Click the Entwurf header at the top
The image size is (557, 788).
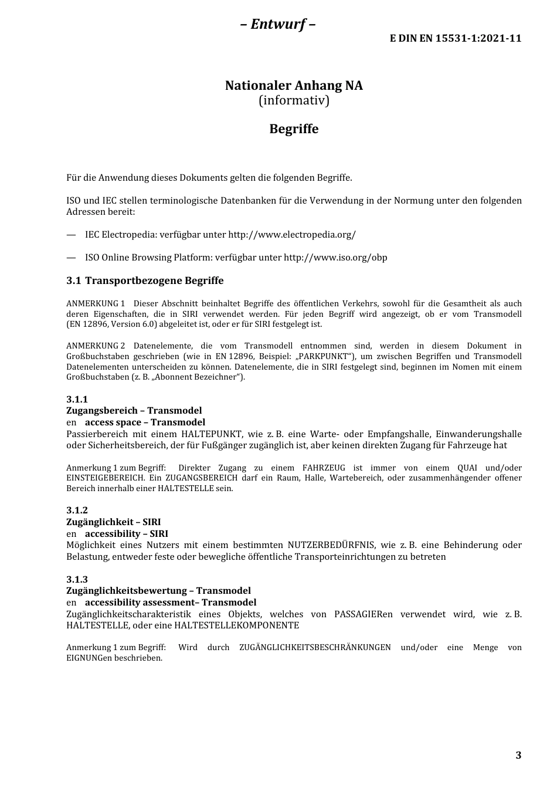(x=278, y=24)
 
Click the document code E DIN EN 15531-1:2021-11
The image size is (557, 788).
(x=456, y=39)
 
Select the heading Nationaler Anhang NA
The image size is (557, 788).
(x=294, y=86)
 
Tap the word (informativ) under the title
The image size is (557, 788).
(x=294, y=101)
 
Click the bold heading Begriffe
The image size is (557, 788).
(x=294, y=129)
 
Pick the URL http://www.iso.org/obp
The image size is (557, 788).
(x=335, y=258)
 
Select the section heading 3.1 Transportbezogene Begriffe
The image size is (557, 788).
(x=145, y=281)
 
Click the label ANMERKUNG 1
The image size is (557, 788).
(x=96, y=304)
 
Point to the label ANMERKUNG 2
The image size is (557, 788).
(x=96, y=346)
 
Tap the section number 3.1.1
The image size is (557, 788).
(x=77, y=400)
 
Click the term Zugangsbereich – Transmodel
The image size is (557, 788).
(x=134, y=411)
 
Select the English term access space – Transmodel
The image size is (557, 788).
(x=145, y=422)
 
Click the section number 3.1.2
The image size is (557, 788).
(x=77, y=510)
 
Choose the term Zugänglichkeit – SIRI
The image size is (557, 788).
(x=113, y=522)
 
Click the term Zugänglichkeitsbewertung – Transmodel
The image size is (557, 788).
(x=158, y=591)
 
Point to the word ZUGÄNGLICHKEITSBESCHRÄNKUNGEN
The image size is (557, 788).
(x=315, y=648)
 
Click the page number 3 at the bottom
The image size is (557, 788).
(x=518, y=755)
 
